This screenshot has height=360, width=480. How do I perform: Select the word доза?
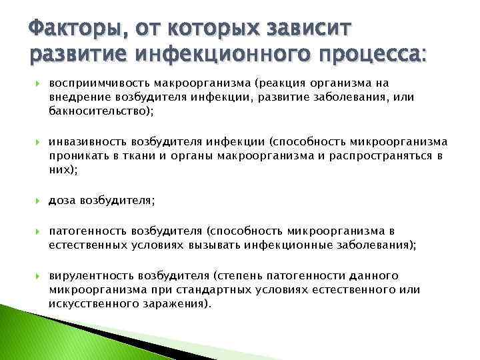click(62, 199)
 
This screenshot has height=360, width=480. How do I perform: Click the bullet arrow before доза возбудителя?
click(38, 200)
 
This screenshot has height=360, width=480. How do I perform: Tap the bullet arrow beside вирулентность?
click(38, 276)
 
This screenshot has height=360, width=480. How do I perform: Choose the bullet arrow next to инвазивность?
click(38, 142)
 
